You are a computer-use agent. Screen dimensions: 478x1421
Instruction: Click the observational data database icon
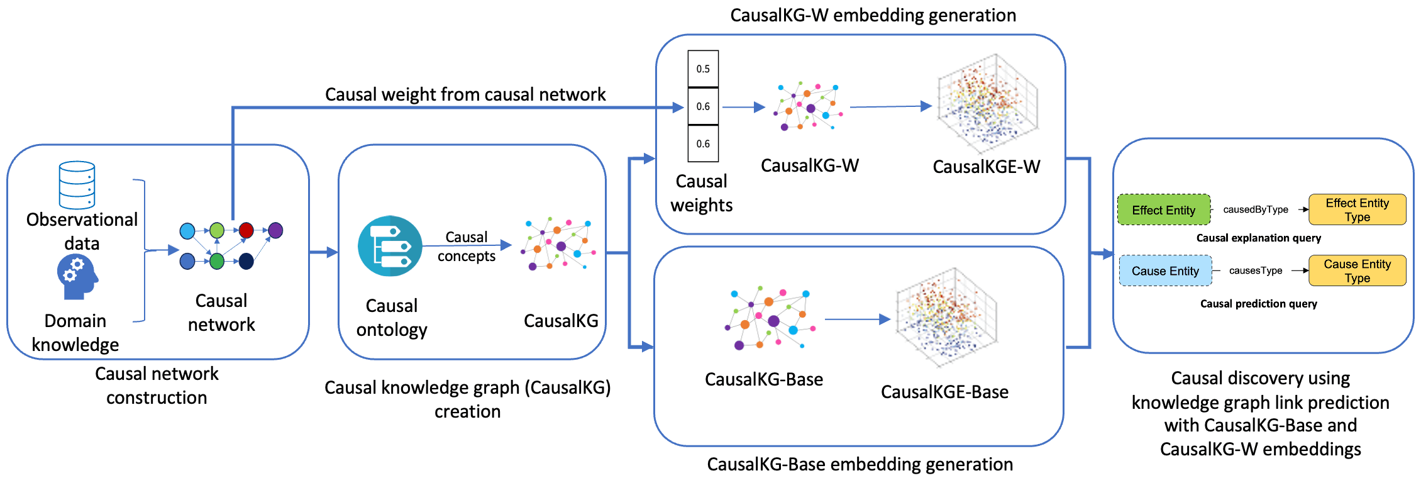[77, 185]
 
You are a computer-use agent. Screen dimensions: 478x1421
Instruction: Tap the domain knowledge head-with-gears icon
[77, 277]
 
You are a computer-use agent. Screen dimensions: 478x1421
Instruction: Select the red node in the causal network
[246, 230]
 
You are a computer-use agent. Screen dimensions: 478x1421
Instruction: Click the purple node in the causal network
[275, 230]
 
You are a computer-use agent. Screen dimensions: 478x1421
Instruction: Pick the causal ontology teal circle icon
[390, 246]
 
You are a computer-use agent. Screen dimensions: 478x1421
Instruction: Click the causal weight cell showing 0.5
[702, 69]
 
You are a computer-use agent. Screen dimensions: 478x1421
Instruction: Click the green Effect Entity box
[1163, 210]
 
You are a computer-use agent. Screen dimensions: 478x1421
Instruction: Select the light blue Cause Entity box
[1165, 271]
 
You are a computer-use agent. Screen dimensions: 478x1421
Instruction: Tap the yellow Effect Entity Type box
[1357, 210]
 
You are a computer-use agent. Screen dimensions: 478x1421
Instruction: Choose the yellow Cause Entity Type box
[1357, 271]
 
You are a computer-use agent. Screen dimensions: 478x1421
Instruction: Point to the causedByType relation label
[1255, 209]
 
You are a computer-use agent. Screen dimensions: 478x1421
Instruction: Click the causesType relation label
[1255, 270]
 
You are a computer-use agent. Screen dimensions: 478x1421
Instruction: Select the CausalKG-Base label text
[763, 379]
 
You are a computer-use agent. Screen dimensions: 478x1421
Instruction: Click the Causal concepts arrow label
[466, 247]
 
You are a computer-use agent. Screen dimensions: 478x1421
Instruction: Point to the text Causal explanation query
[1258, 238]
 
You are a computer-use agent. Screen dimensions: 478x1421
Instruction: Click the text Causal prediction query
[1258, 304]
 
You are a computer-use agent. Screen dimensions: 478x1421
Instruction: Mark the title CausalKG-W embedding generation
[873, 15]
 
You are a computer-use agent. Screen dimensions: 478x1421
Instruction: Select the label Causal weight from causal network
[465, 94]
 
